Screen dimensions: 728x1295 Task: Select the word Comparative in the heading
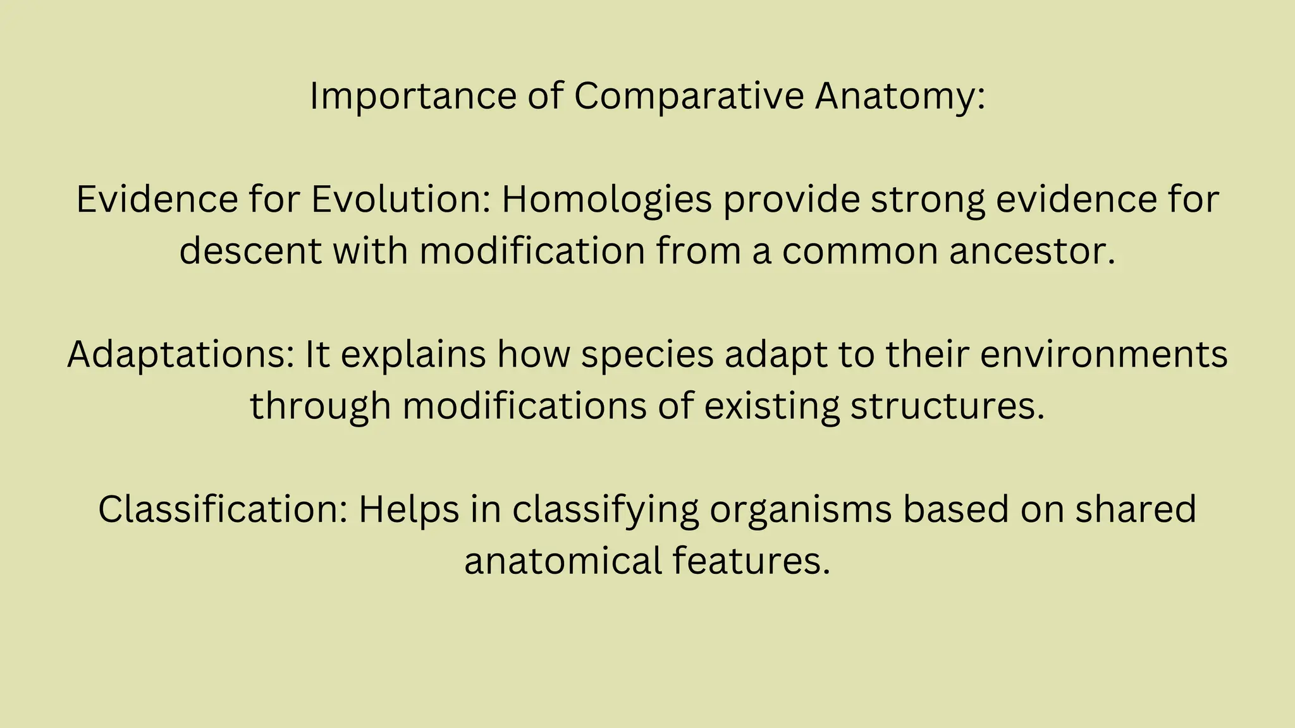[x=689, y=97]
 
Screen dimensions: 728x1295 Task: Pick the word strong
[x=928, y=200]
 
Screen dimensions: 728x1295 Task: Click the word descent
[x=250, y=251]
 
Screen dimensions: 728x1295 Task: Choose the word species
[x=647, y=355]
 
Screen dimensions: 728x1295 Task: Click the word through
[x=320, y=406]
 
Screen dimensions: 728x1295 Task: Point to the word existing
[x=771, y=406]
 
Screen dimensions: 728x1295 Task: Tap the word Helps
[x=408, y=509]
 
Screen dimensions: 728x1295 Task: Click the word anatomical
[x=563, y=561]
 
